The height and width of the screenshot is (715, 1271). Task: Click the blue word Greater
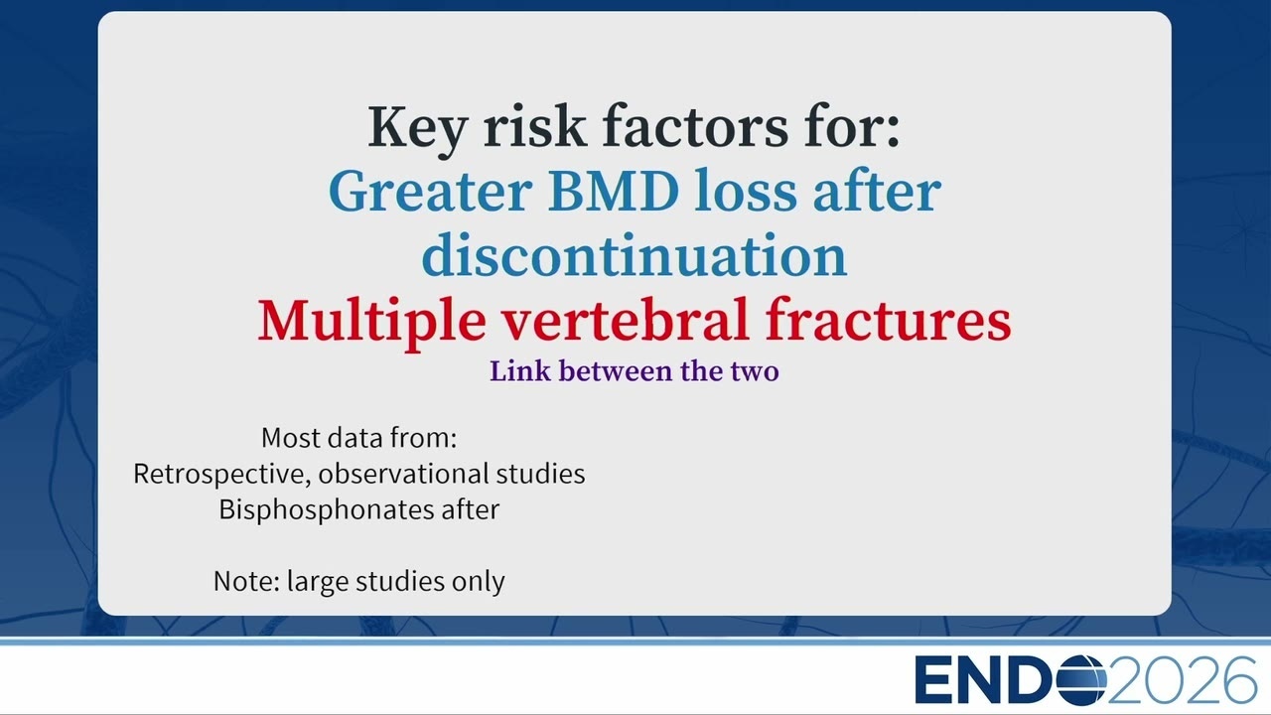pyautogui.click(x=430, y=191)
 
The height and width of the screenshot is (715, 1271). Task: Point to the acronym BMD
pyautogui.click(x=613, y=191)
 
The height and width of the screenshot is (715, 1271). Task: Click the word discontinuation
pyautogui.click(x=635, y=255)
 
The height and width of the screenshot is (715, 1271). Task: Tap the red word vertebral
pyautogui.click(x=626, y=319)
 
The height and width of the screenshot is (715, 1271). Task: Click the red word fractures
pyautogui.click(x=888, y=319)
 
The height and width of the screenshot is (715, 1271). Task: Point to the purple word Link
pyautogui.click(x=519, y=371)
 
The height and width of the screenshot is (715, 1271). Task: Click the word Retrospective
pyautogui.click(x=221, y=475)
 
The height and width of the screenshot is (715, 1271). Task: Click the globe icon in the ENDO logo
pyautogui.click(x=1081, y=679)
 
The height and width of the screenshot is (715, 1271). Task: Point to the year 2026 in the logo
pyautogui.click(x=1182, y=679)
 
